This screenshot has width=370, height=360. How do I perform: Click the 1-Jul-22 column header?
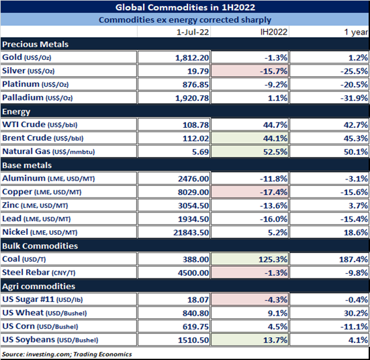coord(193,32)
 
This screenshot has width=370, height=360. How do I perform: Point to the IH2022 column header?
coord(273,32)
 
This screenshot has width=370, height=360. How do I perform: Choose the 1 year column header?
coord(356,32)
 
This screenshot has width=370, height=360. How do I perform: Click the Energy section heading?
coord(16,112)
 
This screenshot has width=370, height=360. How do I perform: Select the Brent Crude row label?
coord(42,138)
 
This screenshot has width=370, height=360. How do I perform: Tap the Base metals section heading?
coord(27,166)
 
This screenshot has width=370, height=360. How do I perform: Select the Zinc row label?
coord(35,205)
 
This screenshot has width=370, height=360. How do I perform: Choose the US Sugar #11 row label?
coord(42,299)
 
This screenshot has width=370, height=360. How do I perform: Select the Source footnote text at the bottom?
coord(67,354)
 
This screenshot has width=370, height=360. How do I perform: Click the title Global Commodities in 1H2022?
coord(185,7)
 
